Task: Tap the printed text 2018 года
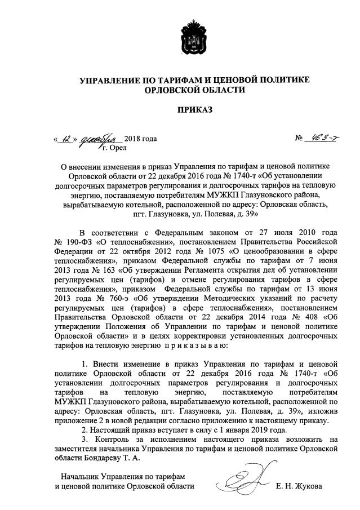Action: [x=140, y=139]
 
